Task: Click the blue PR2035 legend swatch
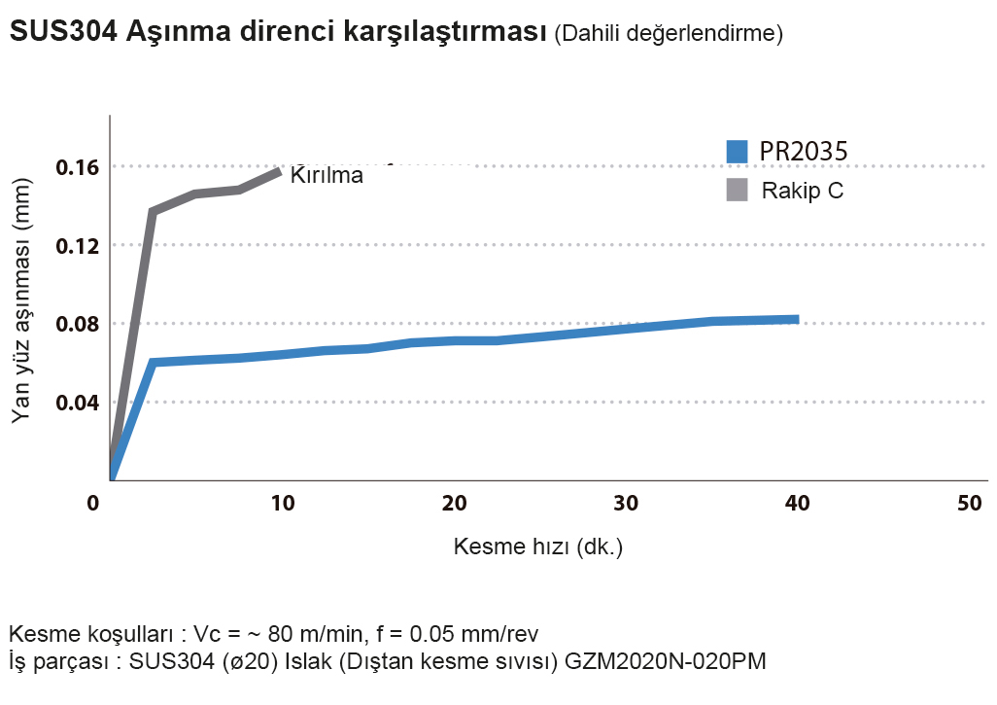point(738,152)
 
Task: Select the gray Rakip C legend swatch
point(738,190)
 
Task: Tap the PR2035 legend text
point(804,152)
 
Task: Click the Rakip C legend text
point(802,190)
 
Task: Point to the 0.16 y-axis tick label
point(78,167)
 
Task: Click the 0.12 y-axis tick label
point(78,245)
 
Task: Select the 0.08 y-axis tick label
point(78,324)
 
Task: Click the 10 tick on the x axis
point(283,504)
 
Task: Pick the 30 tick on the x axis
point(627,504)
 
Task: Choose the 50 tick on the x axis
point(970,504)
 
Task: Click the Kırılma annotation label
point(327,176)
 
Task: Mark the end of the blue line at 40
point(797,319)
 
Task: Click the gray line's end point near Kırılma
point(280,171)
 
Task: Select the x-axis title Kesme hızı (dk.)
point(538,546)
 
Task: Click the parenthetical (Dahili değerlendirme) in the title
point(669,34)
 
